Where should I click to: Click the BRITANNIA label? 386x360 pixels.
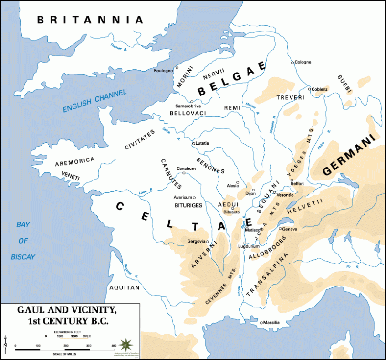point(90,20)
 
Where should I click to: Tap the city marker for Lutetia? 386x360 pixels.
point(193,143)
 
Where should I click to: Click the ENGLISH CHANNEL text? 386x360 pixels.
point(95,101)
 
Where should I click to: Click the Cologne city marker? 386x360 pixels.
point(292,63)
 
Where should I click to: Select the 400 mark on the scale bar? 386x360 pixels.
point(114,345)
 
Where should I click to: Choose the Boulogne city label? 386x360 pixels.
point(163,71)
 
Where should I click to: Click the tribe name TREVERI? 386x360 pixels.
point(290,97)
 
